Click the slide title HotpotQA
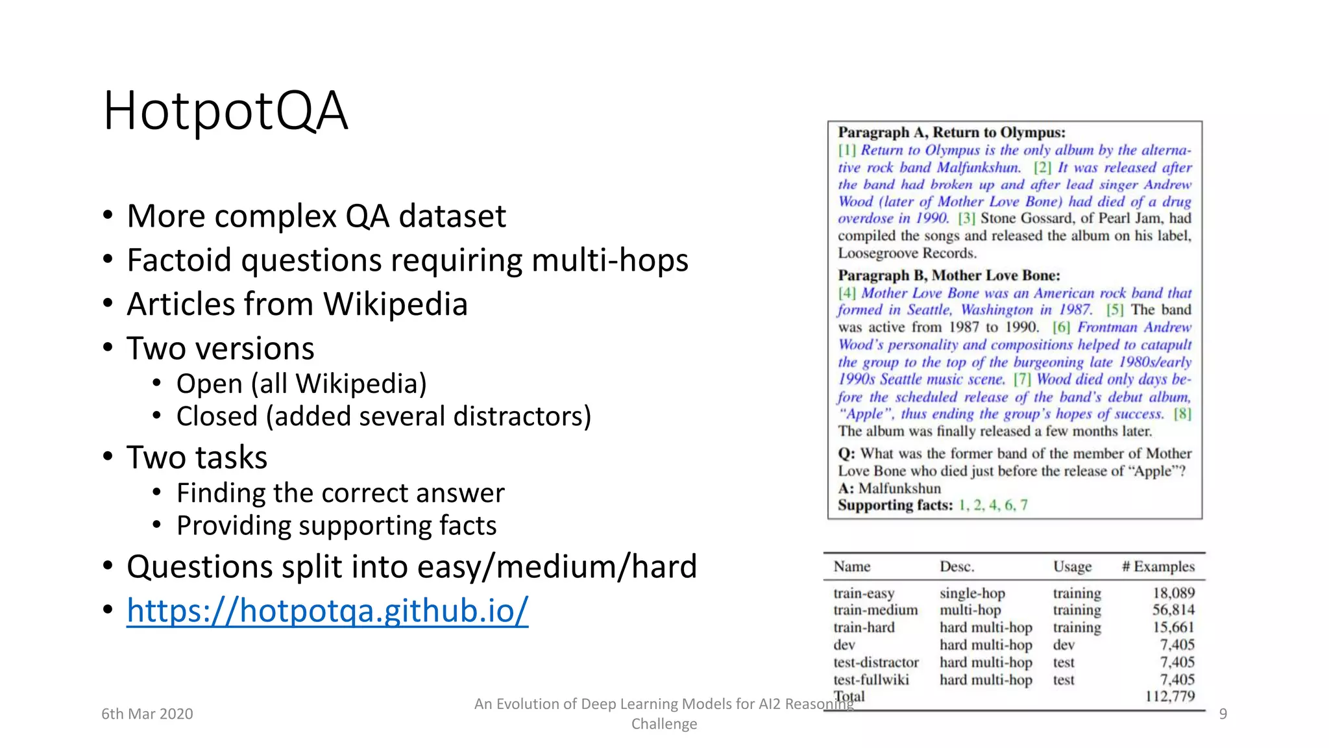pyautogui.click(x=225, y=111)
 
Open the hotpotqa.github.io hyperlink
pyautogui.click(x=327, y=610)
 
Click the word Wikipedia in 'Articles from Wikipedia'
pyautogui.click(x=395, y=304)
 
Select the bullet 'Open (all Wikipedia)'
pyautogui.click(x=301, y=384)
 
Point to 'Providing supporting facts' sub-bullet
pyautogui.click(x=336, y=525)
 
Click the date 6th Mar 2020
pyautogui.click(x=147, y=714)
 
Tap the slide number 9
pyautogui.click(x=1223, y=714)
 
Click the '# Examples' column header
pyautogui.click(x=1158, y=567)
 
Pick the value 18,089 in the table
pyautogui.click(x=1173, y=593)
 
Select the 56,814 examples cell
pyautogui.click(x=1173, y=610)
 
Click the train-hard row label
pyautogui.click(x=864, y=627)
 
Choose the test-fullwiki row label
pyautogui.click(x=871, y=680)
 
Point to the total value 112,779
pyautogui.click(x=1169, y=697)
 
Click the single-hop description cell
pyautogui.click(x=972, y=593)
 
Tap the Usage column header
pyautogui.click(x=1072, y=567)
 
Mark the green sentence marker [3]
pyautogui.click(x=966, y=219)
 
